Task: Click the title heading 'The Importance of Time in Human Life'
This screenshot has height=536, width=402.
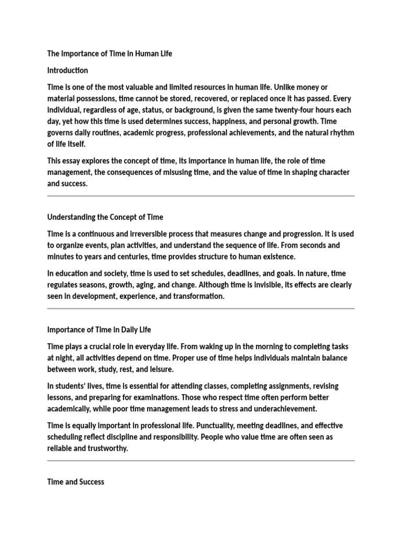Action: (x=109, y=53)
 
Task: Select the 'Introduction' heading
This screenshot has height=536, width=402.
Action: (x=68, y=70)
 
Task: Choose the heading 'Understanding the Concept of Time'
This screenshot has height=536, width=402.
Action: (x=105, y=217)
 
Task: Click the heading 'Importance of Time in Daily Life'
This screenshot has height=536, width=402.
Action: (x=99, y=330)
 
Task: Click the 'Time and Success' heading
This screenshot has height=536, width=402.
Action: (x=75, y=482)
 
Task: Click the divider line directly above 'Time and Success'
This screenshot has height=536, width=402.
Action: (x=201, y=461)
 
